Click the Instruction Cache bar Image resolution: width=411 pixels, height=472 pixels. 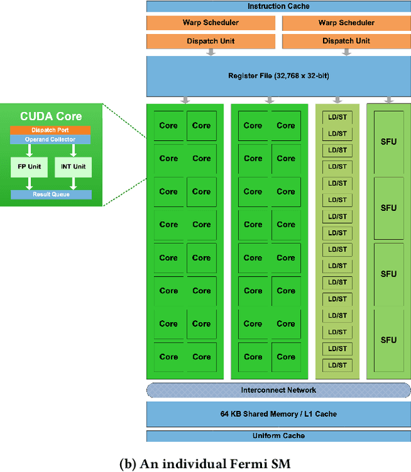pos(278,6)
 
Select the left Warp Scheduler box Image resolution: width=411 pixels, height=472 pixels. pos(211,23)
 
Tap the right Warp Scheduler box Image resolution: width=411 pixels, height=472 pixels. pos(346,23)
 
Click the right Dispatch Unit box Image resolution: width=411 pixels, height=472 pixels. pos(346,41)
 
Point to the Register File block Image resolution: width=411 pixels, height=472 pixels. pos(278,76)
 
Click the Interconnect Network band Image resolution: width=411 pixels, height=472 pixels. pos(278,390)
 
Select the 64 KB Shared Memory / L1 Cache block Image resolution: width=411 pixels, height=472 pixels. pos(278,413)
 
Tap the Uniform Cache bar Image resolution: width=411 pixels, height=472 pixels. pos(278,436)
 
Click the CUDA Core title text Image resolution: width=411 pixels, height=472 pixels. pos(51,116)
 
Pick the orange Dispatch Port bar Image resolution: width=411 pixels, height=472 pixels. pos(51,130)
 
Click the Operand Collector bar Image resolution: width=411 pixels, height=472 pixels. pos(51,140)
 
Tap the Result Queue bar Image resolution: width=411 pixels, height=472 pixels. pos(51,194)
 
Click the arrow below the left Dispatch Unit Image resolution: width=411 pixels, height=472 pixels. pos(211,53)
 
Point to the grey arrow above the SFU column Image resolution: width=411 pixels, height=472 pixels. pos(389,100)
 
